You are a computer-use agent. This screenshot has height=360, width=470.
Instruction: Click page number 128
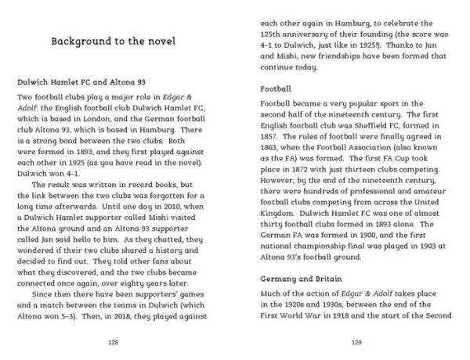[115, 341]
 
